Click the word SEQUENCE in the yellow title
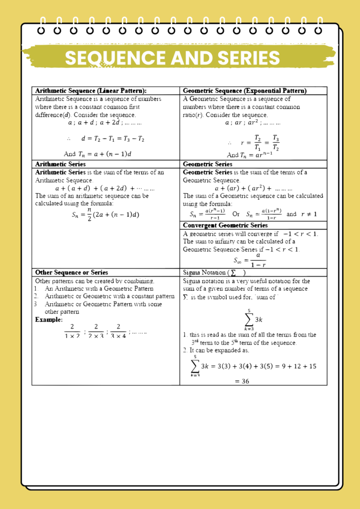pyautogui.click(x=116, y=58)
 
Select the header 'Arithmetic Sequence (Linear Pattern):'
pyautogui.click(x=90, y=91)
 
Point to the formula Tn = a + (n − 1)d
pyautogui.click(x=97, y=154)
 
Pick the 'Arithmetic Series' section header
pyautogui.click(x=60, y=164)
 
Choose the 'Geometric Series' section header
pyautogui.click(x=207, y=164)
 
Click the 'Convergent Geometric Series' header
pyautogui.click(x=225, y=225)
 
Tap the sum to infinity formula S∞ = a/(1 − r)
pyautogui.click(x=250, y=259)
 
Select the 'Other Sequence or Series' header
pyautogui.click(x=72, y=272)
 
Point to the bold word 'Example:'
pyautogui.click(x=49, y=320)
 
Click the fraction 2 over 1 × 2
pyautogui.click(x=72, y=331)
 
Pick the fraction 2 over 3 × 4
pyautogui.click(x=118, y=331)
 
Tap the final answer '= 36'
pyautogui.click(x=242, y=381)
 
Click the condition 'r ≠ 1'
pyautogui.click(x=309, y=214)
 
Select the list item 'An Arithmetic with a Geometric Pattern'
pyautogui.click(x=99, y=288)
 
